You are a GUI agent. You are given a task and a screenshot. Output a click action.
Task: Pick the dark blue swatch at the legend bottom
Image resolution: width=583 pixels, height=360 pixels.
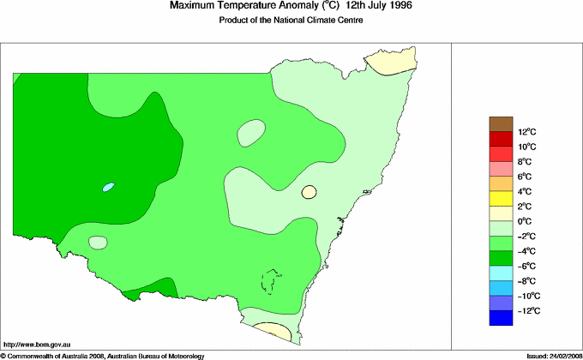502,318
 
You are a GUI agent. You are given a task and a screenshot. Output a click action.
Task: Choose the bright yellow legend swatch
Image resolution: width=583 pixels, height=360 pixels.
502,199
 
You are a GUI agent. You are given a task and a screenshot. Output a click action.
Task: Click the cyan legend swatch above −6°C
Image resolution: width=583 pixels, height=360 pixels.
502,273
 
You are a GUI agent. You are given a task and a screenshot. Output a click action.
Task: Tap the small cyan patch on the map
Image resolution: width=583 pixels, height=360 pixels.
108,186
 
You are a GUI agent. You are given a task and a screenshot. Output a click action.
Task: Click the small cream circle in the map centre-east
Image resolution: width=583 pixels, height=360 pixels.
310,193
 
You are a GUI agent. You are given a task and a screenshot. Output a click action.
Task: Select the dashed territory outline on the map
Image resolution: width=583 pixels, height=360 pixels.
272,282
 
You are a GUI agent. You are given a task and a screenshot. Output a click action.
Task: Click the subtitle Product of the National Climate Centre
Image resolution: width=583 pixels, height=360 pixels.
291,21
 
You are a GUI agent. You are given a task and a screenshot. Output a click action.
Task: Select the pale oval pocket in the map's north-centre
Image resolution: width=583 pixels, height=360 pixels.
251,132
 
